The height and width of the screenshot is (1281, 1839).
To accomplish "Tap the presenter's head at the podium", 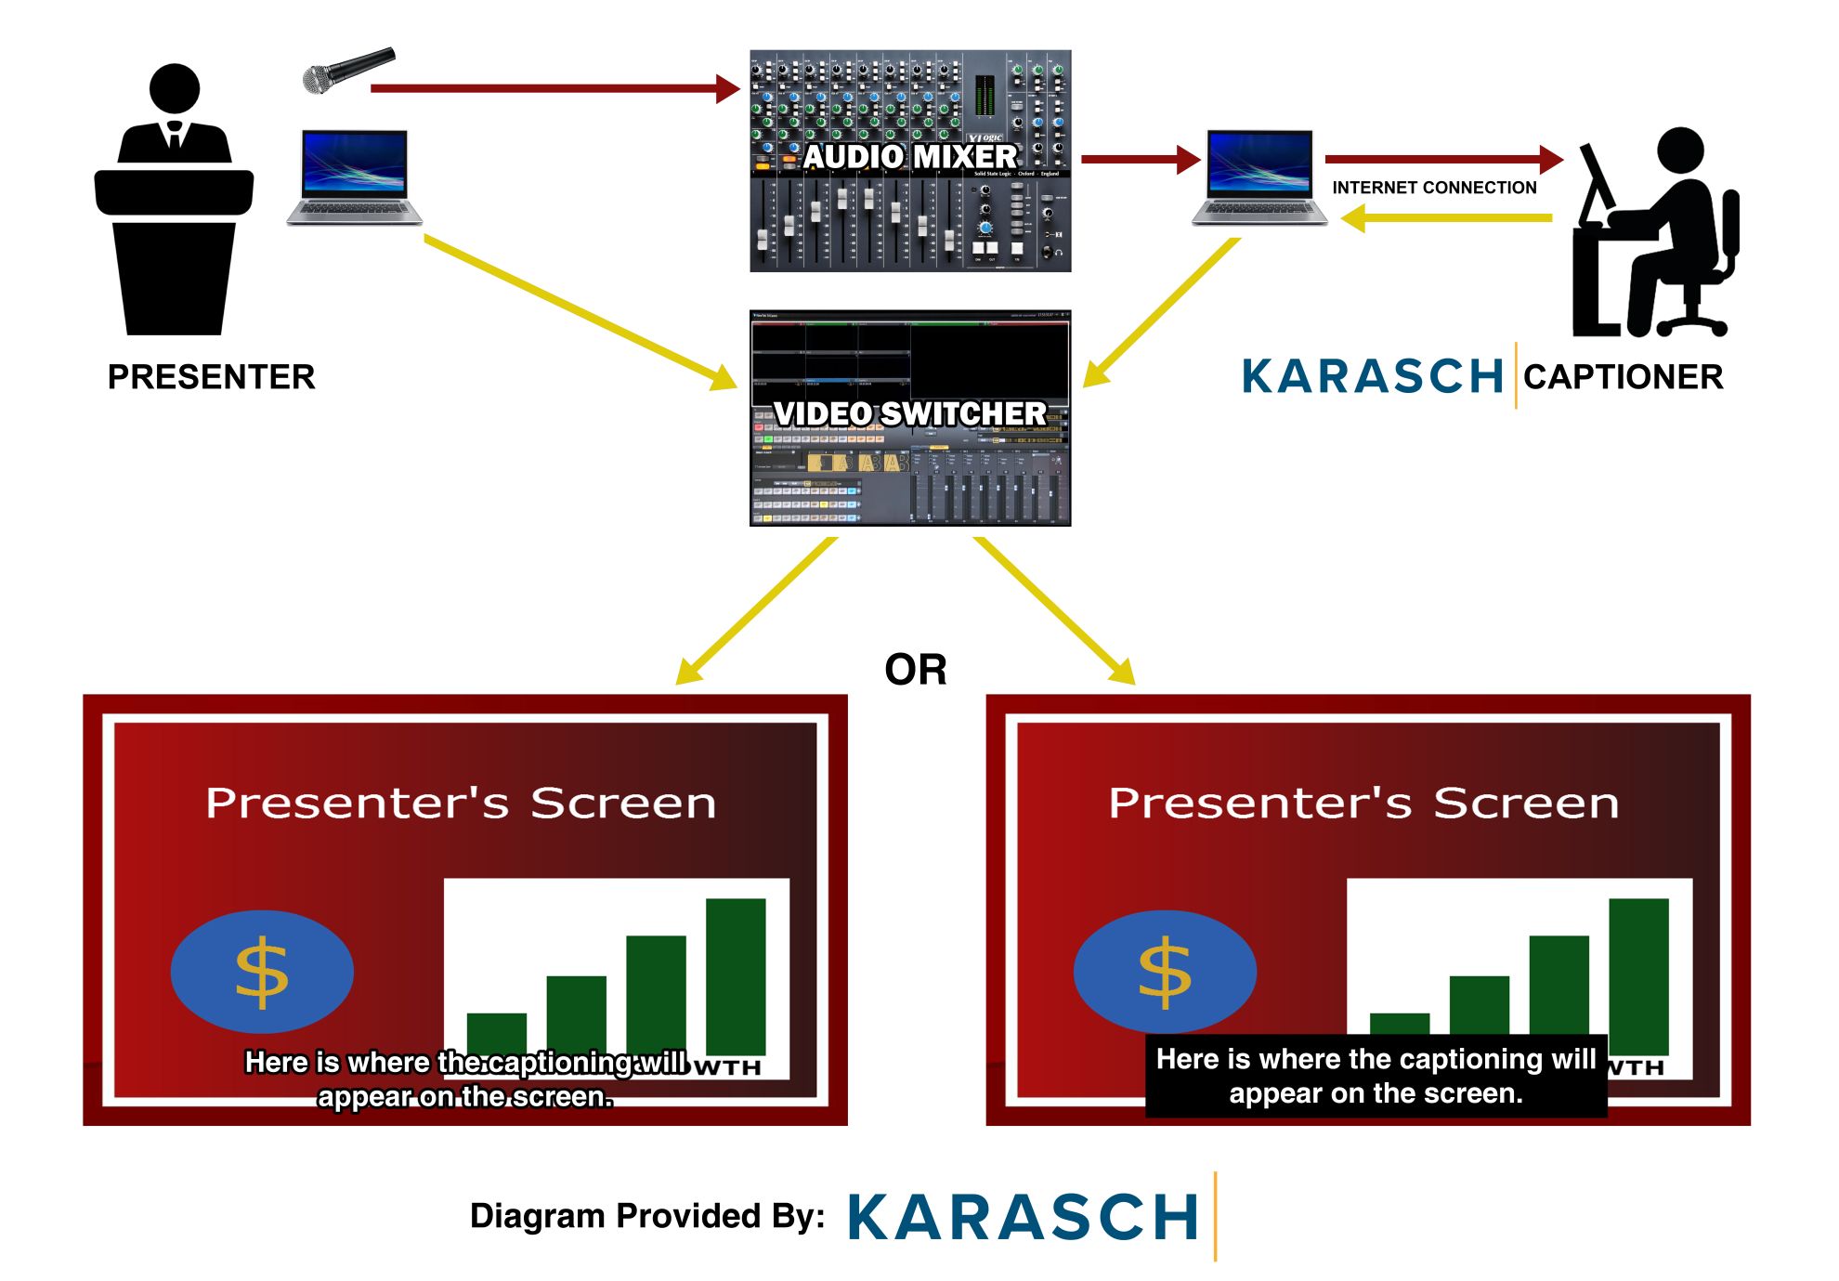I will click(174, 89).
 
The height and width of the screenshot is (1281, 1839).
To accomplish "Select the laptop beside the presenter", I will click(354, 176).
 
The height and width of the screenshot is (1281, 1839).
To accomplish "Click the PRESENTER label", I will click(211, 377).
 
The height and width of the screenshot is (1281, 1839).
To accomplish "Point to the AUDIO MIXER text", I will click(909, 156).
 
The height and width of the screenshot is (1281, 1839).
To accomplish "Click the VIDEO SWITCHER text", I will click(909, 413).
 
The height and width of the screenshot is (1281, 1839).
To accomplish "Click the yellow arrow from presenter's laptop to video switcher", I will click(576, 310).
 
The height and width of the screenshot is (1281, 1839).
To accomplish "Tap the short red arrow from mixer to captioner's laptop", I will click(1139, 159).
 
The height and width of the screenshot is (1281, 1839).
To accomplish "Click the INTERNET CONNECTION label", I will click(1433, 188).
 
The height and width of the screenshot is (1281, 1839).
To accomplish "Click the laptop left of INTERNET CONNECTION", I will click(1259, 176).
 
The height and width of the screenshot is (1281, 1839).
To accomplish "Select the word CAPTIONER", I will click(1623, 377).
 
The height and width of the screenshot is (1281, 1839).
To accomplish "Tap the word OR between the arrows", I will click(915, 670).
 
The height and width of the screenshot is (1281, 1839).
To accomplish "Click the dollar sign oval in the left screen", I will click(262, 972).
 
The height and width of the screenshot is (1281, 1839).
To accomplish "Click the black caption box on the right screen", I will click(1376, 1076).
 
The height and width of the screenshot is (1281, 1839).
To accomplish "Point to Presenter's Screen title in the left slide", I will click(461, 804).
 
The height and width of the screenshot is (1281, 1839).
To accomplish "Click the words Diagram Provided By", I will click(646, 1216).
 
